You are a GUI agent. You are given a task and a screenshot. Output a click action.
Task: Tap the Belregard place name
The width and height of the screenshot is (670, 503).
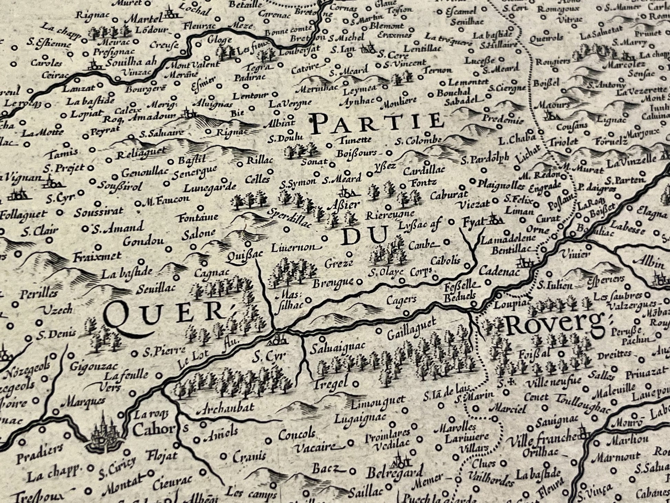[394, 473]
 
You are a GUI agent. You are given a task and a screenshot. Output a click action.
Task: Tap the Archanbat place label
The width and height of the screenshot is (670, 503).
[226, 407]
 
